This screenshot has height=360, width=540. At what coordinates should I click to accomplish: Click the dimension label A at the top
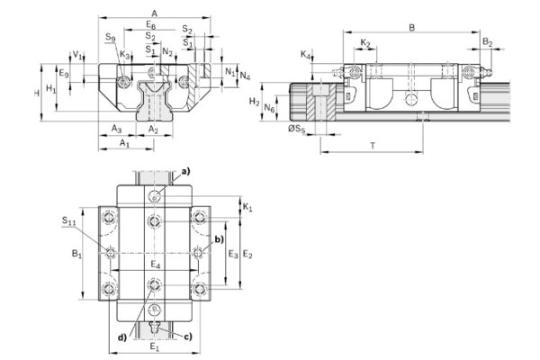point(155,13)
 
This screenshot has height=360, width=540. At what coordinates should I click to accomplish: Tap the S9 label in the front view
point(109,38)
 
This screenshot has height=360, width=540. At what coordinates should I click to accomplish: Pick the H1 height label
point(51,89)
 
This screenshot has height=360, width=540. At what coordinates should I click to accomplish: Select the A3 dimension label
point(117,130)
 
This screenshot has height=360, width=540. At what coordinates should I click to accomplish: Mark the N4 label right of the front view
point(246,76)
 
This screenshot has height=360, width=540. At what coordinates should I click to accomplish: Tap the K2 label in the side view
point(365,42)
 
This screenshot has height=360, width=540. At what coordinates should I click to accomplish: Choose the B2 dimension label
point(486,42)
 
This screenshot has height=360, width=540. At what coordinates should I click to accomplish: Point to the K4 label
point(305,56)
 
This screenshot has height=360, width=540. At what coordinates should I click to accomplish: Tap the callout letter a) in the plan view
point(186,171)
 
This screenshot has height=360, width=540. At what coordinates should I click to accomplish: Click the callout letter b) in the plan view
point(218,241)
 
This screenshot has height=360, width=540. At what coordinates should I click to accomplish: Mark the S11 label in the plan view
point(68,220)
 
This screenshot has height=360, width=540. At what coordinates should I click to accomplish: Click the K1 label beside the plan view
point(247,208)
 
